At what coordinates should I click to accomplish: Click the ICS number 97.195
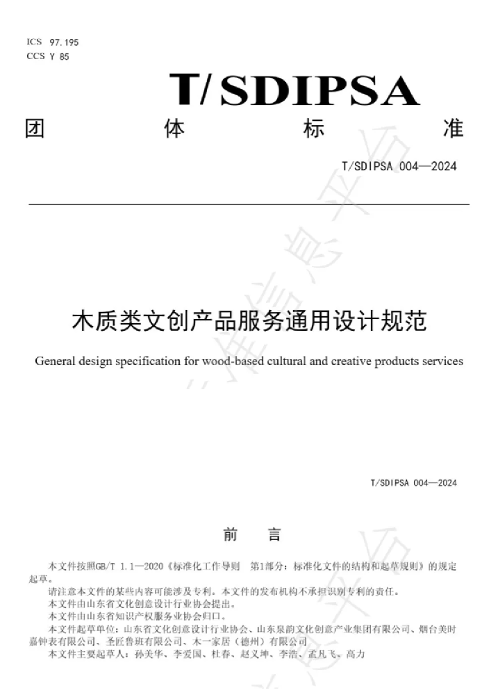(x=64, y=42)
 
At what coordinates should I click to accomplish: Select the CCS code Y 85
(x=59, y=56)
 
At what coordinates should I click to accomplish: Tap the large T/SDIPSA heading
(x=294, y=90)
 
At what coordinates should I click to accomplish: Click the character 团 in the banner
(x=35, y=129)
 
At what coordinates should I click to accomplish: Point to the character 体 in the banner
(x=174, y=129)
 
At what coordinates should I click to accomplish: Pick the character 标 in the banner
(x=314, y=129)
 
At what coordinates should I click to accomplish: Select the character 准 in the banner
(x=454, y=129)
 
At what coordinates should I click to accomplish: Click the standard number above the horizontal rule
(x=399, y=166)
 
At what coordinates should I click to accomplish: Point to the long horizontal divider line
(x=249, y=204)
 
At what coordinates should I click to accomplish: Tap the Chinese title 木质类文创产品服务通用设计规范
(x=249, y=320)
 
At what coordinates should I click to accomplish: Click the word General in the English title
(x=55, y=361)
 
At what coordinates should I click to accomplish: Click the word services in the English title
(x=442, y=361)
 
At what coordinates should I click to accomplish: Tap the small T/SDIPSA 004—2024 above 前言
(x=414, y=483)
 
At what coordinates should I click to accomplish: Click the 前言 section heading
(x=252, y=534)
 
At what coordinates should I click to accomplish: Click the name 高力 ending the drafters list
(x=356, y=654)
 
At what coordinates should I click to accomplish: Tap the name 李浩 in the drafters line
(x=288, y=654)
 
